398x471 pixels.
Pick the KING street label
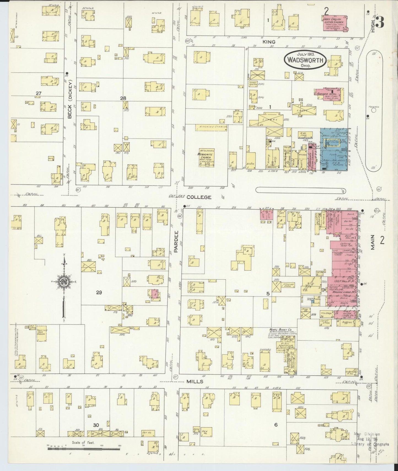269,42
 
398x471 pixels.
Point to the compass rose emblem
64,281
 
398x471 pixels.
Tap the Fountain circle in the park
374,110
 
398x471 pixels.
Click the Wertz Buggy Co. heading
280,329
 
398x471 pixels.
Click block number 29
99,293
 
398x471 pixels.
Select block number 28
123,98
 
